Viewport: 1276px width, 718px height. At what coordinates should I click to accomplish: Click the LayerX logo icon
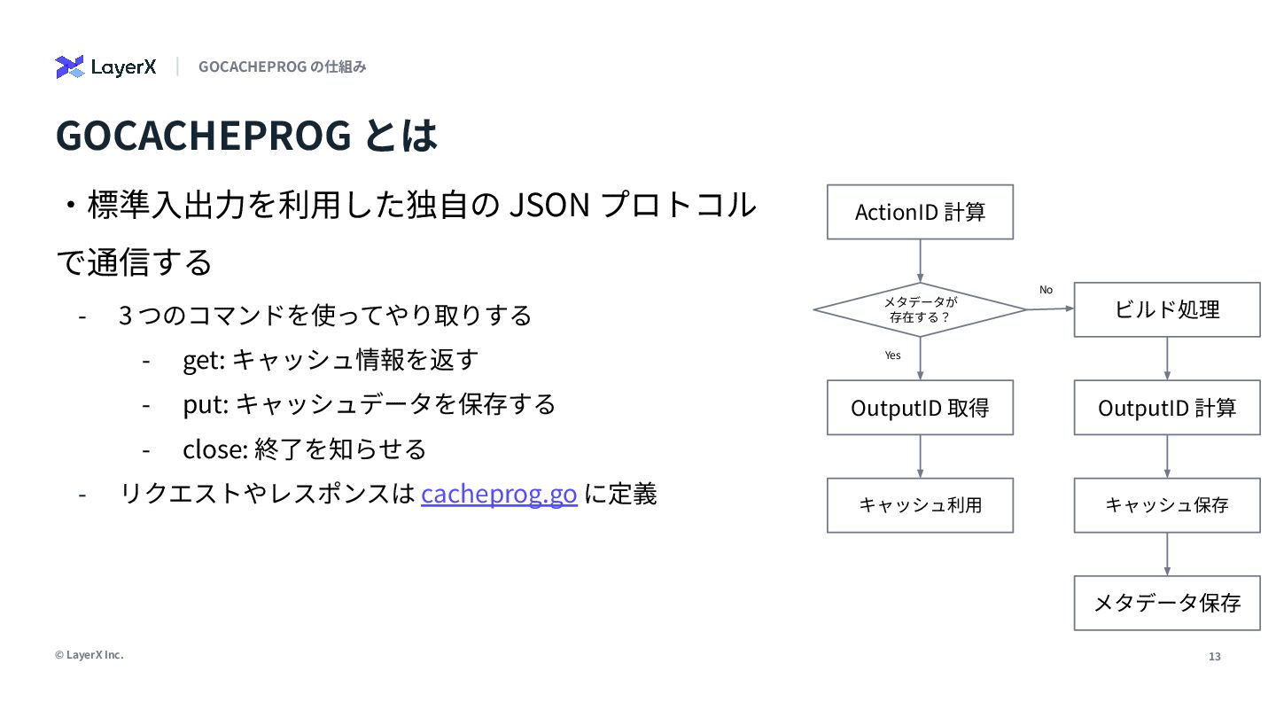pyautogui.click(x=69, y=66)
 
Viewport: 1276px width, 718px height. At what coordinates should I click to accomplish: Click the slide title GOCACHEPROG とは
pyautogui.click(x=246, y=136)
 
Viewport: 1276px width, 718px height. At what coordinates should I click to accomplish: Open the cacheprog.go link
pyautogui.click(x=499, y=493)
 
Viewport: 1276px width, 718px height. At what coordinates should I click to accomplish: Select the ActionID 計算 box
pyautogui.click(x=920, y=212)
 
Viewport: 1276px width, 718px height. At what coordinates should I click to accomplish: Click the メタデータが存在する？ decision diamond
pyautogui.click(x=920, y=309)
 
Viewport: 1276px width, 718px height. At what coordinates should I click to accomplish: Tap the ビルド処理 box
pyautogui.click(x=1166, y=309)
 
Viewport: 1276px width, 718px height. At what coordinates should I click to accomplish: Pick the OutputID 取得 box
pyautogui.click(x=920, y=408)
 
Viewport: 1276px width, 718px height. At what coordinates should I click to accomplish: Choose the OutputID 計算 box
pyautogui.click(x=1166, y=408)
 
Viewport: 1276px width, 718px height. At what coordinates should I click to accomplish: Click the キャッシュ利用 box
pyautogui.click(x=920, y=505)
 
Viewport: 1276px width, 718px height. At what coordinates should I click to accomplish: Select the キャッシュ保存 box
pyautogui.click(x=1166, y=505)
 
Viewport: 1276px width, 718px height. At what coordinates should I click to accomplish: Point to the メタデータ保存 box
pyautogui.click(x=1166, y=604)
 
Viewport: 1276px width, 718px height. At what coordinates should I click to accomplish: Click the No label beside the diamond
pyautogui.click(x=1046, y=290)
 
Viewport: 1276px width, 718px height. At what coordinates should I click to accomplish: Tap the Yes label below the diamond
pyautogui.click(x=892, y=355)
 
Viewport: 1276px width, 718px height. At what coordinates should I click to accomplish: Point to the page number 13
pyautogui.click(x=1214, y=657)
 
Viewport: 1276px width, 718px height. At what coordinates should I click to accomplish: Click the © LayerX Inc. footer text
pyautogui.click(x=89, y=655)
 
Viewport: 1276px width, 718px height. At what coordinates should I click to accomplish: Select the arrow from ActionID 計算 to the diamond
pyautogui.click(x=920, y=261)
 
